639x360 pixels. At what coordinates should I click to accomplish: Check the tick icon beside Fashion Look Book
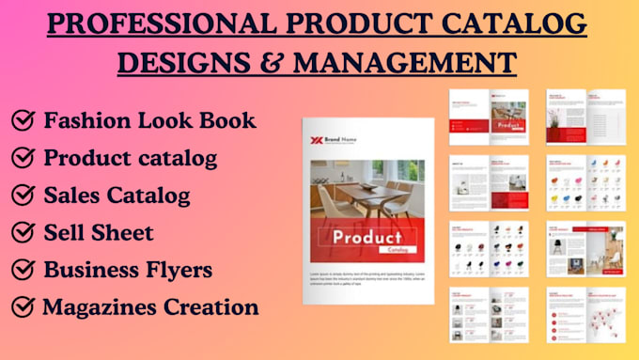(23, 120)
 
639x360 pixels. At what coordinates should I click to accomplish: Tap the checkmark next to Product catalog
(23, 158)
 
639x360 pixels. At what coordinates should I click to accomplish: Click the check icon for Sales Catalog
(23, 196)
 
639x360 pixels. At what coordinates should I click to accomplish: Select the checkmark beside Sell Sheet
(23, 232)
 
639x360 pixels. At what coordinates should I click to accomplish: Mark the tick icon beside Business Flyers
(23, 270)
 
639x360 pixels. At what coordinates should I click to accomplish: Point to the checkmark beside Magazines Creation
(23, 306)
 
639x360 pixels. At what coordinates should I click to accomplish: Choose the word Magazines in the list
(99, 306)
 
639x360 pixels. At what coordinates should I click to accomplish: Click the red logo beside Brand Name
(319, 141)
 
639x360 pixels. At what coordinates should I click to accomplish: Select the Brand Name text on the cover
(344, 141)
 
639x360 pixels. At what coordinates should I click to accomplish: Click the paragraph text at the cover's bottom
(368, 277)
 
